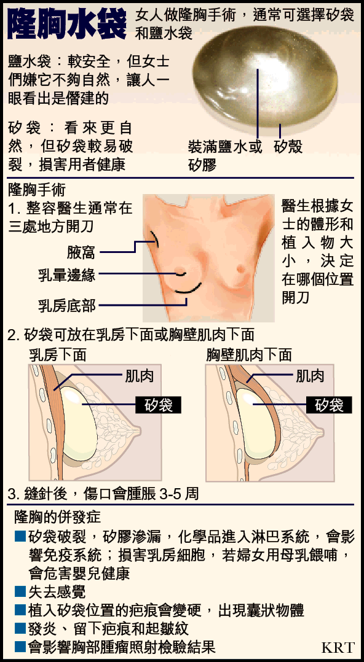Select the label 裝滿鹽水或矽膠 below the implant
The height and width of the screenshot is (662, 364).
pyautogui.click(x=225, y=155)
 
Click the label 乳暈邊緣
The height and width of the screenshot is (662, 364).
pyautogui.click(x=67, y=275)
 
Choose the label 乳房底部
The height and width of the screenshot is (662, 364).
pyautogui.click(x=67, y=305)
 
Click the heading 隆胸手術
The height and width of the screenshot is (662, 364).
pyautogui.click(x=37, y=190)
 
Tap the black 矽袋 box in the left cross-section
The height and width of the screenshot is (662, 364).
pyautogui.click(x=158, y=405)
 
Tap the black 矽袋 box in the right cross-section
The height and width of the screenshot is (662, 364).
pyautogui.click(x=330, y=405)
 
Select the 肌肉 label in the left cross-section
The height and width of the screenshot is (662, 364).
pyautogui.click(x=139, y=376)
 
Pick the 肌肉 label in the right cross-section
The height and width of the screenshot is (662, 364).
pyautogui.click(x=311, y=376)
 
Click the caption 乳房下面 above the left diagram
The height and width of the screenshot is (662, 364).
pyautogui.click(x=58, y=355)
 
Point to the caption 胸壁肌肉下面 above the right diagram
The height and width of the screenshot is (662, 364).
pyautogui.click(x=249, y=355)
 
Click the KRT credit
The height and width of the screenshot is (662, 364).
pyautogui.click(x=338, y=647)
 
